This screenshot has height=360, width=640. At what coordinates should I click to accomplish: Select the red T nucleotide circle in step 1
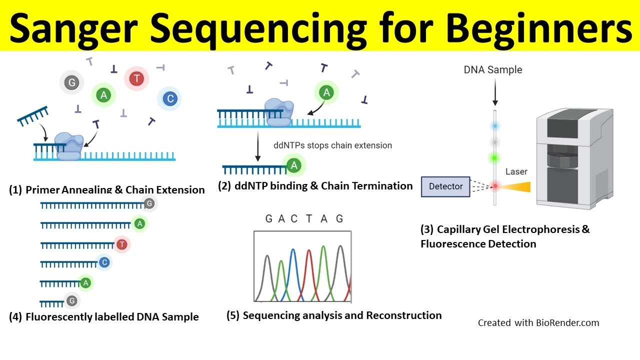pos(136,78)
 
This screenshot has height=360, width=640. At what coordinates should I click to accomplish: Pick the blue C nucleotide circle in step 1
pos(170,99)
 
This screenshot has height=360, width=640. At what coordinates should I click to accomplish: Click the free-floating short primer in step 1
pos(33,115)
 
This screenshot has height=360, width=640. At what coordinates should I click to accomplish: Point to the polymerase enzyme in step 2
pos(278,111)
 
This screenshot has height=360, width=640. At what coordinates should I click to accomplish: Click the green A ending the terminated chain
pos(294,165)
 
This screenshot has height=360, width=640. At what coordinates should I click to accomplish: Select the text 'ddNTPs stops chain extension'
pos(332,145)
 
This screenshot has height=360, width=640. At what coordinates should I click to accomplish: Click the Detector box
pos(445,186)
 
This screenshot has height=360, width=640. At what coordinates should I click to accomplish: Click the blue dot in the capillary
pos(494,126)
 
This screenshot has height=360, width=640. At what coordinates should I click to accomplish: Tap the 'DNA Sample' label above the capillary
pos(492,70)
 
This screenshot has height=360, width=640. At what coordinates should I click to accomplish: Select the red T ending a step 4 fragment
pos(121,244)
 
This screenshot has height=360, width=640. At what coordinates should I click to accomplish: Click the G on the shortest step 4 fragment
pos(71,300)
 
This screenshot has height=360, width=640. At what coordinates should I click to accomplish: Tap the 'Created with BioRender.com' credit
pos(538,323)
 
